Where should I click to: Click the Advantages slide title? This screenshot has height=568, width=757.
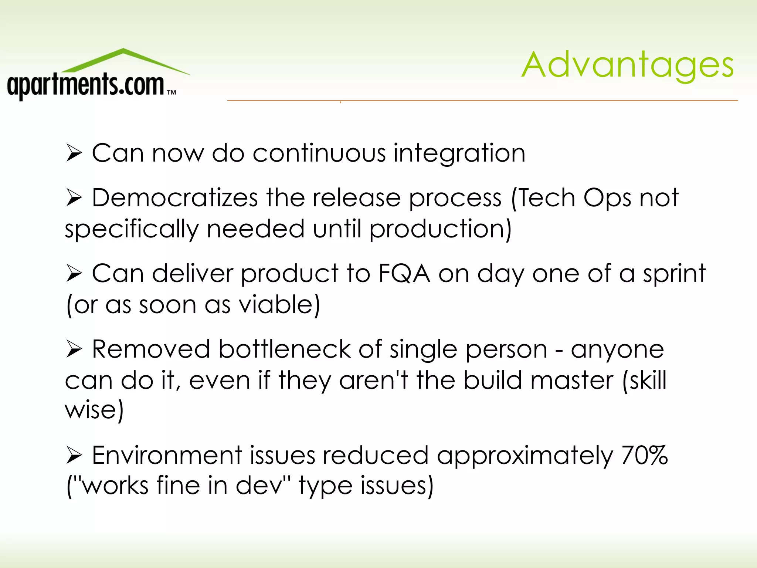tap(627, 65)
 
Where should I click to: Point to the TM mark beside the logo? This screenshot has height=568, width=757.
tap(172, 92)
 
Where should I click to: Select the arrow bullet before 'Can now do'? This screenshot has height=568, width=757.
tap(74, 153)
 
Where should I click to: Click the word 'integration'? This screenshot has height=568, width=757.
tap(459, 153)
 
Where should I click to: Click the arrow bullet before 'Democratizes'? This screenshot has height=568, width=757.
tap(74, 198)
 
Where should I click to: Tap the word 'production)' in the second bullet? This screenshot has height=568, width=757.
tap(440, 229)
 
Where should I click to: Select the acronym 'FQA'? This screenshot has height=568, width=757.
tap(404, 274)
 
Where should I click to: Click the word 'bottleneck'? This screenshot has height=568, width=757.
tap(284, 349)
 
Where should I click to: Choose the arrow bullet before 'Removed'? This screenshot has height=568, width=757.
tap(74, 349)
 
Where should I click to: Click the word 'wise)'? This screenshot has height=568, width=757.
tap(94, 410)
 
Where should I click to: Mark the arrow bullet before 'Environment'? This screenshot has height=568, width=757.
tap(74, 455)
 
